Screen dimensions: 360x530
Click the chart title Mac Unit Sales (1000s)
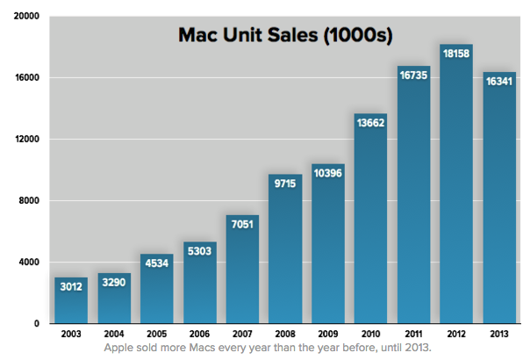[x=285, y=36]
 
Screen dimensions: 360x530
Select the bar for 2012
[x=456, y=193]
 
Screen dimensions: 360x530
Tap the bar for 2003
[x=71, y=303]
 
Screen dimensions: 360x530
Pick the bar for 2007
[x=242, y=272]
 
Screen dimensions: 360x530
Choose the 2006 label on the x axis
[x=199, y=335]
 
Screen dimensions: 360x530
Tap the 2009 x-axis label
[x=328, y=335]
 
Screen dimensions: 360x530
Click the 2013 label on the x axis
[x=498, y=335]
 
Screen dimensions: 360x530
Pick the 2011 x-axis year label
[x=413, y=335]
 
